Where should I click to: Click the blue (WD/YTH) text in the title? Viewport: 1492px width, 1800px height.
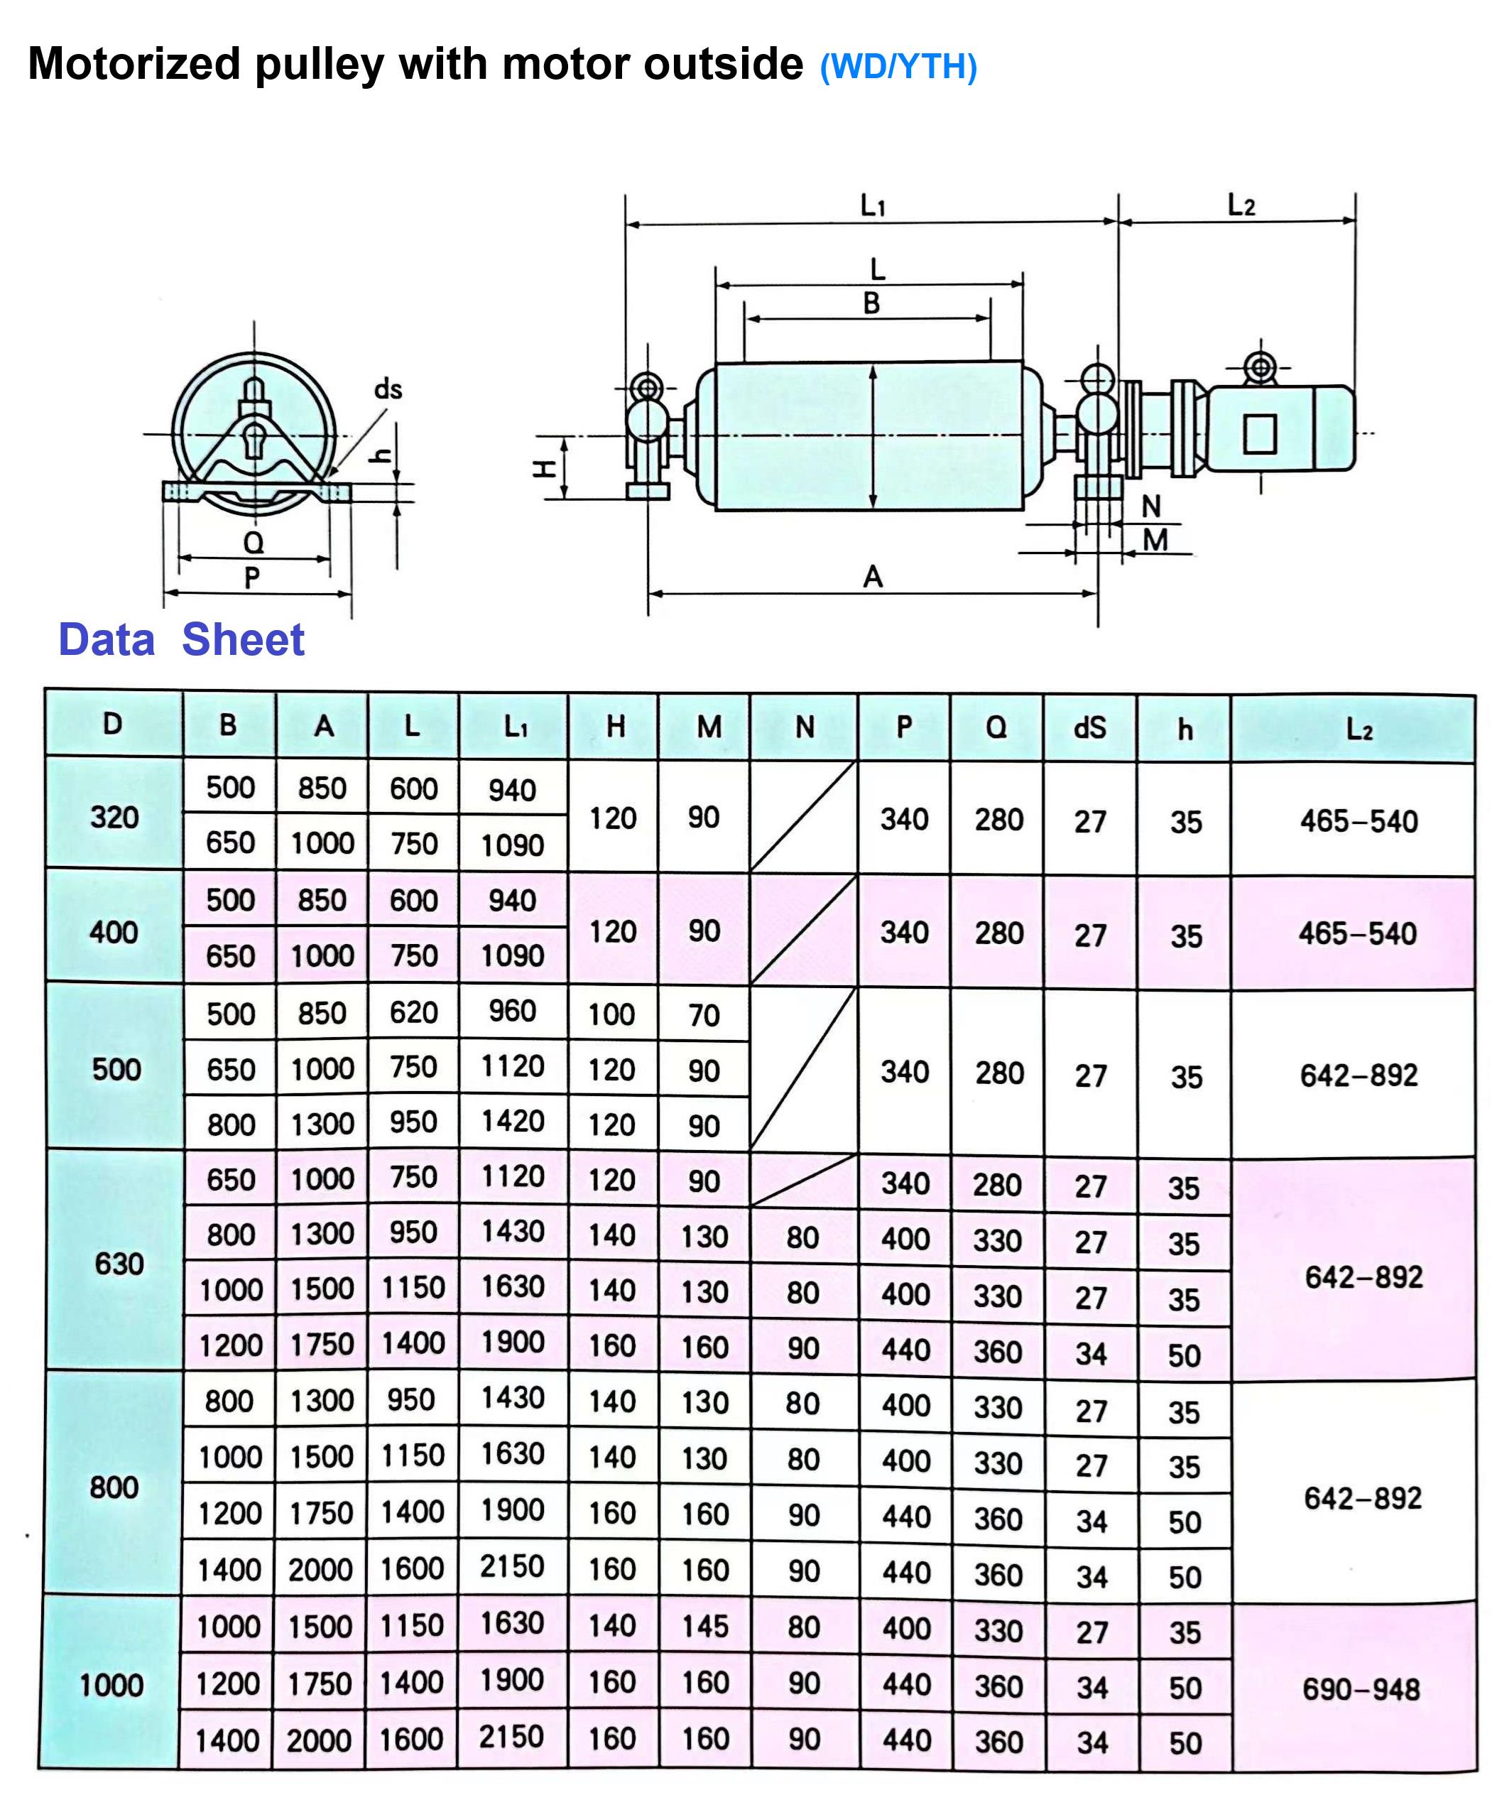click(x=898, y=67)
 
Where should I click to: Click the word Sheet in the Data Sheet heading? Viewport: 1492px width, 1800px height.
click(x=243, y=639)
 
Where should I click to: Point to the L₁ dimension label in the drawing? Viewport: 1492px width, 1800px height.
click(x=872, y=206)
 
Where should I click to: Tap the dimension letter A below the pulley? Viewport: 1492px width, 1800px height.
click(x=872, y=577)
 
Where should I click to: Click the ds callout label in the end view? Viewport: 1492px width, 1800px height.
click(x=387, y=390)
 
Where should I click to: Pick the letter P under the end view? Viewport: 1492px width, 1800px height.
click(x=252, y=578)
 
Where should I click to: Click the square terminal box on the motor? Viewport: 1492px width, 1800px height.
click(x=1260, y=434)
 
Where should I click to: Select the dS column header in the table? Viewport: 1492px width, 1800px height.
click(x=1089, y=727)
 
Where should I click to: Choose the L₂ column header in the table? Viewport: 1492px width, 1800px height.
click(x=1358, y=730)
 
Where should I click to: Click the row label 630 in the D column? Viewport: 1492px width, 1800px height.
click(x=119, y=1264)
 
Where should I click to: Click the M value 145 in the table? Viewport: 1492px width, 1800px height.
click(x=704, y=1626)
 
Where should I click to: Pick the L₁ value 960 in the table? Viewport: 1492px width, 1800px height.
click(x=513, y=1012)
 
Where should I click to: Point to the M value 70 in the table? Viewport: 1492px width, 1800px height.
click(x=704, y=1016)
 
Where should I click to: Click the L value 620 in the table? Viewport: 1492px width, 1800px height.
click(x=414, y=1012)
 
